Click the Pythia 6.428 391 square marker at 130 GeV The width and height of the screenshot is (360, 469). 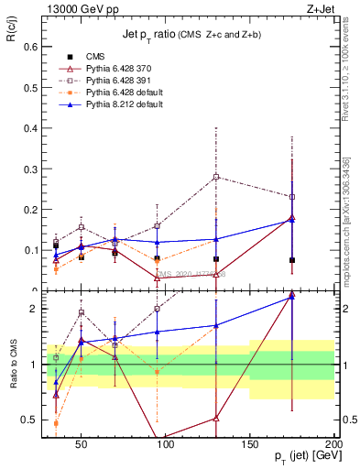click(216, 176)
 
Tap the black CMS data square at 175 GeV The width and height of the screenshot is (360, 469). click(291, 260)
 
